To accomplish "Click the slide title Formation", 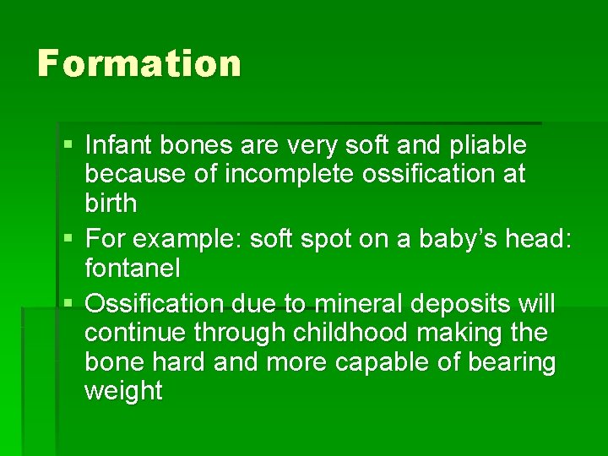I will (x=139, y=63).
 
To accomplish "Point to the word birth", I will (x=111, y=204).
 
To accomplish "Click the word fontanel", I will (x=133, y=269).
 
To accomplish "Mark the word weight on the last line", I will (x=123, y=392).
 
